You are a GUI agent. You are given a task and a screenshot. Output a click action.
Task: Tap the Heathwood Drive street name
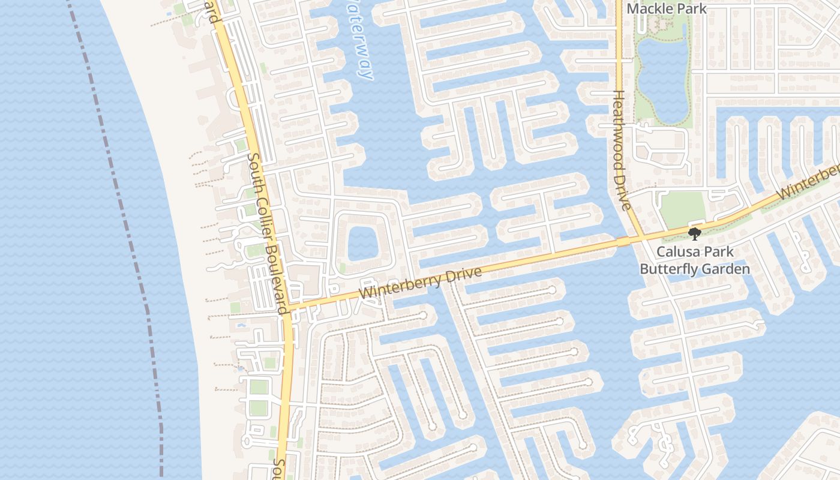tap(621, 150)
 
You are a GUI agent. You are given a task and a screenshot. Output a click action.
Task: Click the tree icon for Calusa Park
tap(695, 233)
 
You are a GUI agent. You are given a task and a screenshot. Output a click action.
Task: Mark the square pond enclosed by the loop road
tap(362, 243)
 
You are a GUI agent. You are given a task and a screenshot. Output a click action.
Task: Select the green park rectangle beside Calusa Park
tap(682, 209)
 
